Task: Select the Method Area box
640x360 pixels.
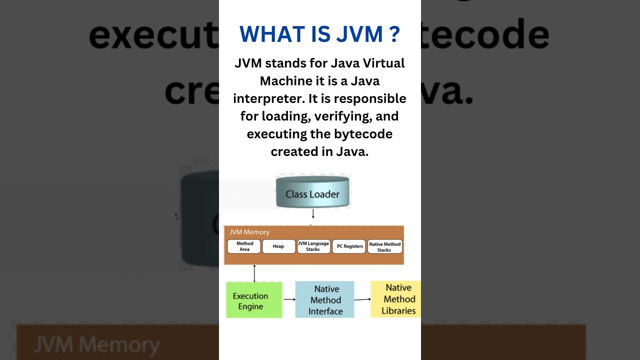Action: (x=244, y=246)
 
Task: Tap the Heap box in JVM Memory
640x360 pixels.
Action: (x=278, y=246)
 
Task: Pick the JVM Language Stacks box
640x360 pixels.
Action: (x=313, y=246)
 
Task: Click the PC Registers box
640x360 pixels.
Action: (x=349, y=246)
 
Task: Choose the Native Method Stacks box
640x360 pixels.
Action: (x=384, y=246)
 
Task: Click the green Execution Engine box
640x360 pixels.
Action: (x=254, y=300)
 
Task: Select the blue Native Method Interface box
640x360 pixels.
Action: (x=325, y=300)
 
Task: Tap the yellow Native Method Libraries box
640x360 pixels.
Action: (x=396, y=299)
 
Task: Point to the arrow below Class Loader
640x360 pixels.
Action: (x=313, y=214)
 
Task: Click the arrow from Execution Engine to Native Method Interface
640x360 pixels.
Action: (x=289, y=299)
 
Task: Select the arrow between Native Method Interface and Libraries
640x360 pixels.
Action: (x=362, y=299)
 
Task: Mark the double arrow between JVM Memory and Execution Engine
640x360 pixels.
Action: (x=254, y=273)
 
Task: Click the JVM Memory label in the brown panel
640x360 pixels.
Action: (x=249, y=232)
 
